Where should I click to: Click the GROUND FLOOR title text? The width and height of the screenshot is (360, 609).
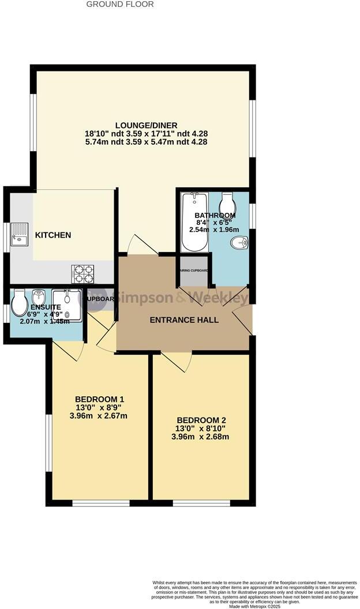tap(120, 4)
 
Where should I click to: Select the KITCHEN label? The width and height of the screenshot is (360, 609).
tap(53, 235)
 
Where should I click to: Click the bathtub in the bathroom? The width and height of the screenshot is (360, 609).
tap(194, 223)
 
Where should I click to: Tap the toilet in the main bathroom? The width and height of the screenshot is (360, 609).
tap(228, 202)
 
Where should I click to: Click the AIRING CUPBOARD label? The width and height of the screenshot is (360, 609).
tap(193, 270)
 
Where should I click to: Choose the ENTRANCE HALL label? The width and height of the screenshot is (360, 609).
tap(184, 319)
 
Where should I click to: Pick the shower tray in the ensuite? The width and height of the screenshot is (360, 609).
tap(67, 305)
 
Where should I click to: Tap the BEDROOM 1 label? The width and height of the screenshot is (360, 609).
tap(99, 399)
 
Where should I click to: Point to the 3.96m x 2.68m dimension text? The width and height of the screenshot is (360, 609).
tap(200, 437)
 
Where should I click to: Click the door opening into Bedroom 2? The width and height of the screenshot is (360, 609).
tap(178, 360)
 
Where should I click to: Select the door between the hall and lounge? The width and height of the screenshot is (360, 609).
tap(142, 245)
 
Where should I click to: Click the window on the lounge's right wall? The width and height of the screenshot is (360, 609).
tap(252, 128)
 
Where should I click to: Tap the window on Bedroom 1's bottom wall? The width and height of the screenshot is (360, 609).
tap(100, 503)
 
